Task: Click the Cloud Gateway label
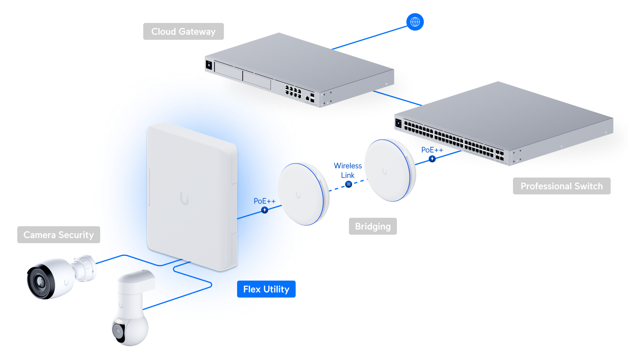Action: click(183, 31)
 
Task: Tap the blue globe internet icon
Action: click(415, 22)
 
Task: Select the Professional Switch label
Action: click(561, 186)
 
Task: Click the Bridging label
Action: click(373, 226)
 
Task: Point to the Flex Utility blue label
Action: click(266, 289)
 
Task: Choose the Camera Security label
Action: click(59, 235)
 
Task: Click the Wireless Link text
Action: click(348, 170)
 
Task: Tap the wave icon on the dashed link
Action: click(349, 184)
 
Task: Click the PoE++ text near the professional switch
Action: click(432, 150)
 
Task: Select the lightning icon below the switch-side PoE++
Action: click(432, 159)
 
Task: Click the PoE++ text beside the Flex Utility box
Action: click(264, 201)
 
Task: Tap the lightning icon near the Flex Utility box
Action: click(265, 210)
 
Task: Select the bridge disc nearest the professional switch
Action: click(390, 170)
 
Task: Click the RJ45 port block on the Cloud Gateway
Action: click(293, 91)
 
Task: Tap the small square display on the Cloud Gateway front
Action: click(209, 65)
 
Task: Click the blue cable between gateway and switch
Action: click(397, 98)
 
